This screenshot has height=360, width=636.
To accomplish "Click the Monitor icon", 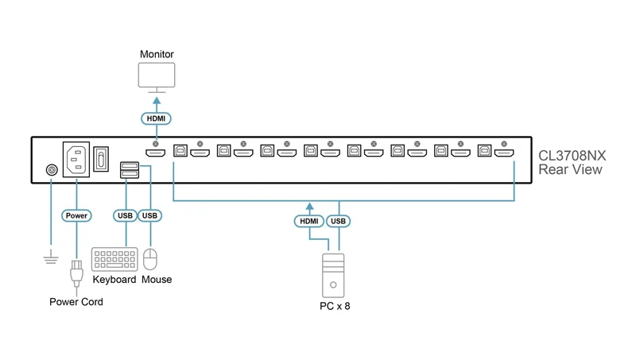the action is click(x=157, y=77).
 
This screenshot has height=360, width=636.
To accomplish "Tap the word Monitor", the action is click(x=157, y=54).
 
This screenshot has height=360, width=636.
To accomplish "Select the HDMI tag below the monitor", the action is click(x=156, y=118).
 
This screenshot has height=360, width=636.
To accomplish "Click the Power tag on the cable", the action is click(x=76, y=215).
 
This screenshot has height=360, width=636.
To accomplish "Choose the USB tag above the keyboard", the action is click(x=125, y=215).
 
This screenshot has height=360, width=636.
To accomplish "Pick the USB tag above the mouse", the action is click(x=149, y=215).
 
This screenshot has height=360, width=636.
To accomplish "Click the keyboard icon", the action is click(x=114, y=259).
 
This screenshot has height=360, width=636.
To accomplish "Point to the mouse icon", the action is click(x=150, y=259).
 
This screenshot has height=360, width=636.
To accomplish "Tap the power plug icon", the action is click(x=76, y=273).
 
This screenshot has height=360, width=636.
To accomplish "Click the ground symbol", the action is click(x=51, y=257).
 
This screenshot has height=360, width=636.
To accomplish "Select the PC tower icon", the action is click(x=333, y=276).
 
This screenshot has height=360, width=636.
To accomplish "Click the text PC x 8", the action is click(x=335, y=306).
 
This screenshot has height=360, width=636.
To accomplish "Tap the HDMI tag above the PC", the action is click(x=309, y=221).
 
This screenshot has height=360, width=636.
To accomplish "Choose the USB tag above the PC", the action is click(x=339, y=221).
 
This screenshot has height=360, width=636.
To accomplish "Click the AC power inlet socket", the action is click(x=76, y=159).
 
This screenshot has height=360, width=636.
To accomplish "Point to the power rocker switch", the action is click(x=101, y=159).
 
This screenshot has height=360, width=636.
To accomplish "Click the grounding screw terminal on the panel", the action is click(x=52, y=170).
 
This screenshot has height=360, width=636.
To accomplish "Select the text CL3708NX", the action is click(x=572, y=156).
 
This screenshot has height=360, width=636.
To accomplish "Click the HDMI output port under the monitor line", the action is click(x=155, y=153).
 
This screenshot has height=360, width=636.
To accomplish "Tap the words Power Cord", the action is click(x=76, y=302).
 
